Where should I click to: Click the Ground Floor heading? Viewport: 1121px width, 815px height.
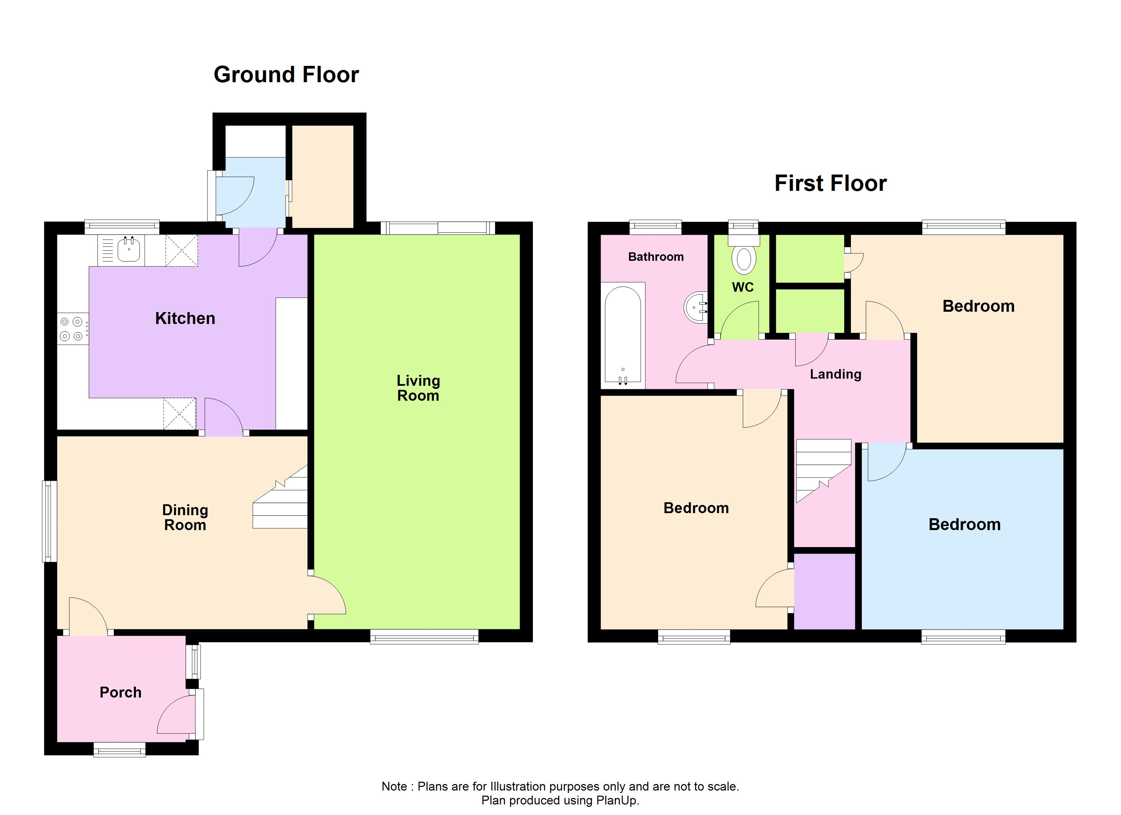click(x=286, y=75)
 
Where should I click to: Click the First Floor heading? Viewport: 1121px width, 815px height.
click(x=830, y=183)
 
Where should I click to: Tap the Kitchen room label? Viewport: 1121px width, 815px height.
click(x=185, y=318)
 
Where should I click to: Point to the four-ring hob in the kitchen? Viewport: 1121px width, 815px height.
click(x=72, y=329)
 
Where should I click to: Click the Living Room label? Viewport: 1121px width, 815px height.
click(x=418, y=388)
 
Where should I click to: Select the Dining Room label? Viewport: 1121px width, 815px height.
click(x=185, y=518)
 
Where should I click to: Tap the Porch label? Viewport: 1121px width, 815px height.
click(x=121, y=692)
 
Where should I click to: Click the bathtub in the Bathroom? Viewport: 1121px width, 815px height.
click(x=623, y=336)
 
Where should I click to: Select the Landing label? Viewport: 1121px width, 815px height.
click(x=835, y=374)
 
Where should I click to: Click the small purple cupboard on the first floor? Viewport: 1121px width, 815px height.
click(x=824, y=591)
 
